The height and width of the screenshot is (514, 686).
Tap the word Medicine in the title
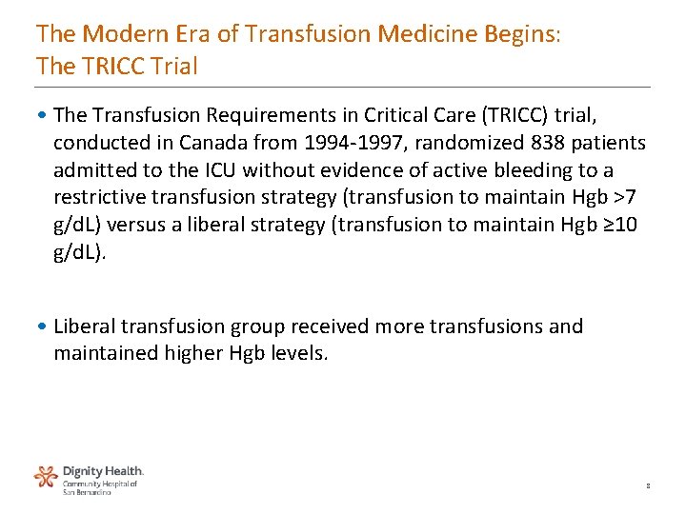point(421,35)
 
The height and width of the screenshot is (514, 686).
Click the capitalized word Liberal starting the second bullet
point(85,326)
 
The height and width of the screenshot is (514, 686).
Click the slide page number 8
point(648,485)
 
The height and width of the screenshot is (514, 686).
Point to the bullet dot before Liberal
point(44,326)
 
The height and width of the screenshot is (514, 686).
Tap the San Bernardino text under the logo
point(87,492)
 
